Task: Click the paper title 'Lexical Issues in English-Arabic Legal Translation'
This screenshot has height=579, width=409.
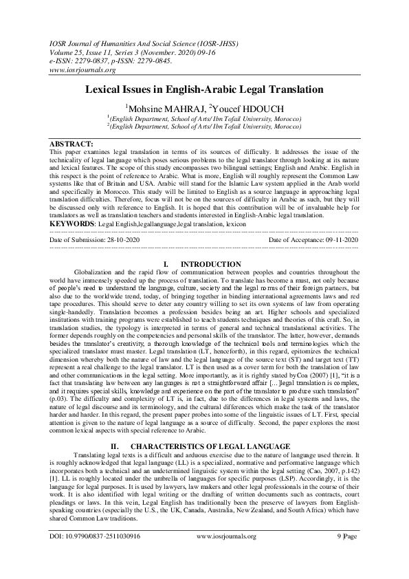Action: point(204,90)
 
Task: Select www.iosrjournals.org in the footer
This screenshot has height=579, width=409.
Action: point(226,536)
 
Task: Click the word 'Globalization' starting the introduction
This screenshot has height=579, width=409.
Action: point(93,273)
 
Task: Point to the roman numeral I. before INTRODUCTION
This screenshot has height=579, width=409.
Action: point(166,264)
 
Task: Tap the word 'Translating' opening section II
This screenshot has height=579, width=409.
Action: point(90,436)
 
